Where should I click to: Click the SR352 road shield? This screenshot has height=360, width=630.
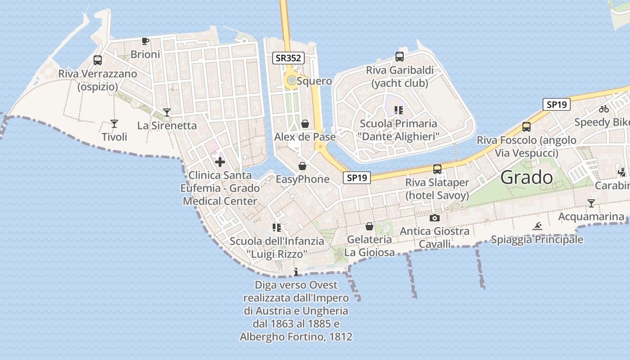(x=288, y=58)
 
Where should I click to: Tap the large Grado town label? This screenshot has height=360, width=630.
(x=526, y=177)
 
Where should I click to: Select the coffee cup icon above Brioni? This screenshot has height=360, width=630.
(x=145, y=41)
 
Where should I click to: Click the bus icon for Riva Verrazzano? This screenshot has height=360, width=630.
(x=98, y=60)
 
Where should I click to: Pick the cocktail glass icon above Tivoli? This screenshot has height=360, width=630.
(x=114, y=124)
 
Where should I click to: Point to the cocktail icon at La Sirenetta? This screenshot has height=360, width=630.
(x=167, y=112)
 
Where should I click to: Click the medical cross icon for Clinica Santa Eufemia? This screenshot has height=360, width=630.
(x=220, y=162)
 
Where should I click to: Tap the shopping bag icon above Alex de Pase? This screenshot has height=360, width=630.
(x=305, y=124)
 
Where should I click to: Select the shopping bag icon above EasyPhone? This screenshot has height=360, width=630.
(x=302, y=166)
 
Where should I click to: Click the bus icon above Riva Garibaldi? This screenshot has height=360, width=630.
(x=400, y=57)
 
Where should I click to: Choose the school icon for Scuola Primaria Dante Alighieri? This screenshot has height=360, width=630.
(x=398, y=110)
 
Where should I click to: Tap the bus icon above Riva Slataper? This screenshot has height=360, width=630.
(x=437, y=169)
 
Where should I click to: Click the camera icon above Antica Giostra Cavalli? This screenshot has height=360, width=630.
(x=435, y=218)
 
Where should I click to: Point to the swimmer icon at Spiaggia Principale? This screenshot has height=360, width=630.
(x=537, y=226)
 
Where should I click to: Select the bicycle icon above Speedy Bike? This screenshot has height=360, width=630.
(x=604, y=109)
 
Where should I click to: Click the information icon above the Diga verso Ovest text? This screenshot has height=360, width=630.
(x=296, y=272)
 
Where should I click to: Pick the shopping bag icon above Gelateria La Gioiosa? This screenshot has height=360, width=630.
(x=369, y=226)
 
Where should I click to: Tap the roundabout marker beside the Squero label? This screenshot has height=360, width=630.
(x=291, y=81)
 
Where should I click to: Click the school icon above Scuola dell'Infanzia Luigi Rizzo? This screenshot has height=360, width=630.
(x=277, y=228)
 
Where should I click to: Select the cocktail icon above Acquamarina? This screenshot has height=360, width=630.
(x=591, y=203)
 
